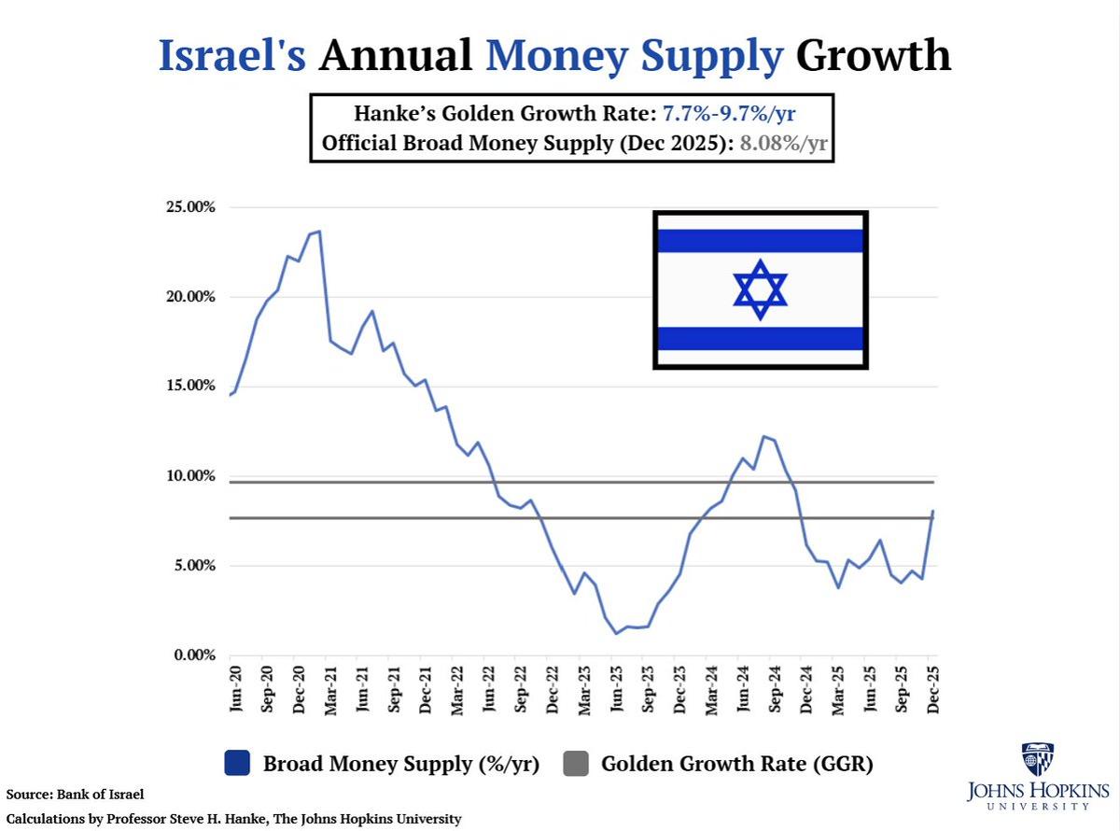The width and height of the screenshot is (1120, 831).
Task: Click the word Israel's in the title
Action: point(231,56)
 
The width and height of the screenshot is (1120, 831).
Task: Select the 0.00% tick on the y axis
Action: point(194,655)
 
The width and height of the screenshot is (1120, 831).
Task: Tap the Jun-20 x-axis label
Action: point(235,691)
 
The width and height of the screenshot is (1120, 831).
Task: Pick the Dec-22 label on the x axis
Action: point(553,691)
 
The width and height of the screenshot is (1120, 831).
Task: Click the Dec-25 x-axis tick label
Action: point(932,691)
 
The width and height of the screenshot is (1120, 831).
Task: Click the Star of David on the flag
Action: point(760,289)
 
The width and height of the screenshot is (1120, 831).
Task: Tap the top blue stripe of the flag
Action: point(760,241)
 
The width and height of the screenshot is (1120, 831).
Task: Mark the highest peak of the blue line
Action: point(319,231)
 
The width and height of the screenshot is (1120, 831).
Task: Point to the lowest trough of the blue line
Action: point(616,634)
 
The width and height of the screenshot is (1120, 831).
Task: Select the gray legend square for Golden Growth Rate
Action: point(577,764)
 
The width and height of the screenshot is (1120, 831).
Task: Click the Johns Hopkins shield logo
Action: point(1037,760)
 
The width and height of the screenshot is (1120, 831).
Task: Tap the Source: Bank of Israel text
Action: point(76,795)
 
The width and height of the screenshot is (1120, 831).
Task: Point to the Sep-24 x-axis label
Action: point(775,691)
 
